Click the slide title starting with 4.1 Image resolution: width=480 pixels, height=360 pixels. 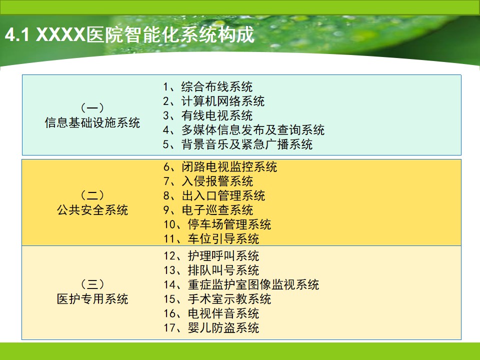[130, 34]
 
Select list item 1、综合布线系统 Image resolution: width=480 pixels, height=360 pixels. [208, 86]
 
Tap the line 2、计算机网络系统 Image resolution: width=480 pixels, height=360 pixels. [213, 101]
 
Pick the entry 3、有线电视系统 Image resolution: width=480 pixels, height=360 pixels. [208, 115]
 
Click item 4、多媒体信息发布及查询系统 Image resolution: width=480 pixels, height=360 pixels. [243, 130]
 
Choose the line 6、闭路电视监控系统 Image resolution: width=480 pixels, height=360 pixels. [220, 167]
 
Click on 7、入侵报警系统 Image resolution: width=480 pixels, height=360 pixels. [208, 181]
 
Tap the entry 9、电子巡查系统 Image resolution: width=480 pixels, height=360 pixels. [208, 210]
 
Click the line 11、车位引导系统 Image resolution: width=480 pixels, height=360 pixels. [211, 239]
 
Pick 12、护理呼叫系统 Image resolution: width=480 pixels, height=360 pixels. [211, 256]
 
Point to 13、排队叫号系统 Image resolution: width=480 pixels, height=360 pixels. [211, 270]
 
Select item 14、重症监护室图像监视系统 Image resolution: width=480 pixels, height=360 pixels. [241, 284]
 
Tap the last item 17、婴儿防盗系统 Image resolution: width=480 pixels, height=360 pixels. [211, 328]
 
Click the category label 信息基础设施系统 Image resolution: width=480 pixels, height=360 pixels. [92, 123]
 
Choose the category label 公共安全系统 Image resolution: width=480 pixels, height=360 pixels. [92, 210]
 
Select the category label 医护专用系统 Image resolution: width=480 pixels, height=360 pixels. [92, 299]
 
